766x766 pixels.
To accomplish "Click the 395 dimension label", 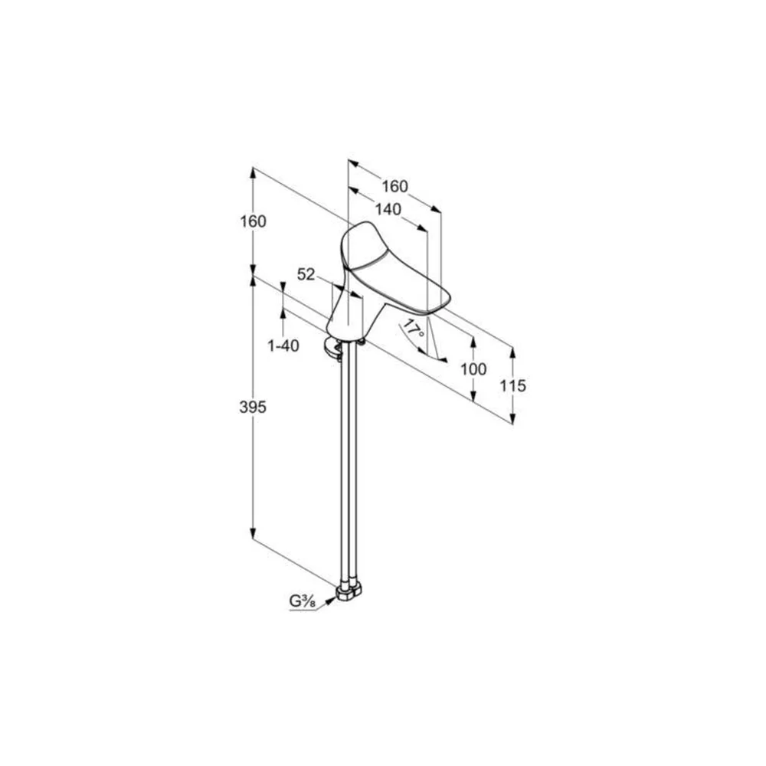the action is pos(253,407).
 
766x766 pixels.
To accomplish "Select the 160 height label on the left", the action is pos(253,221).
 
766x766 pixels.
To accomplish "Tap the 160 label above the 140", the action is pos(394,186).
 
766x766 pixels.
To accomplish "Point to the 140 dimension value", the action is pos(388,209).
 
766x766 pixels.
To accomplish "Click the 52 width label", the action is pos(306,274).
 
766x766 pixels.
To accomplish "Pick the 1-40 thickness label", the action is pos(283,346).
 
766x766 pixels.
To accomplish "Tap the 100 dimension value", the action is pos(473,369).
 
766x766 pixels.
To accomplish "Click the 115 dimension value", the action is pos(512,385).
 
